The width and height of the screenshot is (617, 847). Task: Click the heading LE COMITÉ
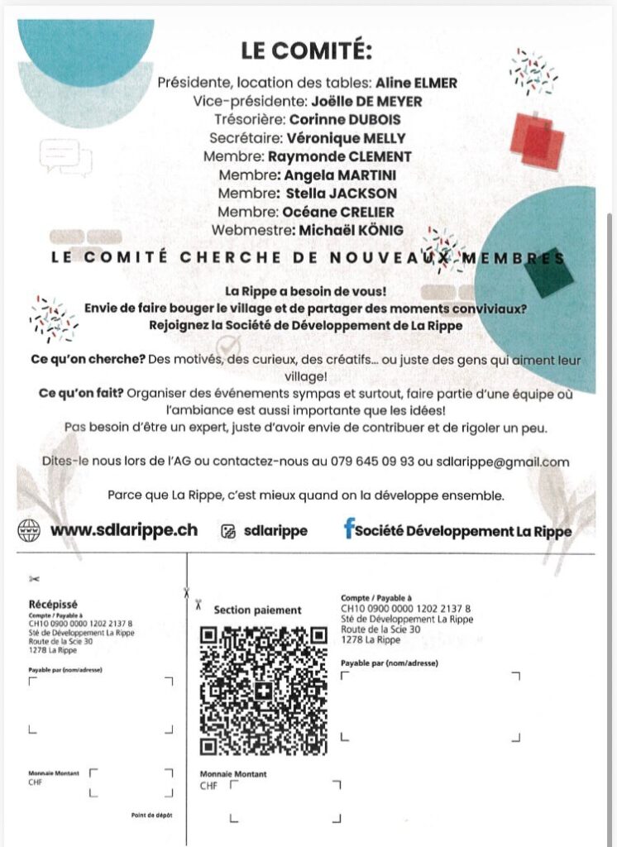(x=307, y=50)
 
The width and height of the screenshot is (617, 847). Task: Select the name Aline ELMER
(x=416, y=83)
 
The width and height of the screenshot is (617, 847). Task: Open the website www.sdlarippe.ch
(x=124, y=530)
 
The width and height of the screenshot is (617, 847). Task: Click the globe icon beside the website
(x=30, y=530)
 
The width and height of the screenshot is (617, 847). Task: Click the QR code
(x=263, y=691)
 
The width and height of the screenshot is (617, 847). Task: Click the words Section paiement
(x=257, y=610)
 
